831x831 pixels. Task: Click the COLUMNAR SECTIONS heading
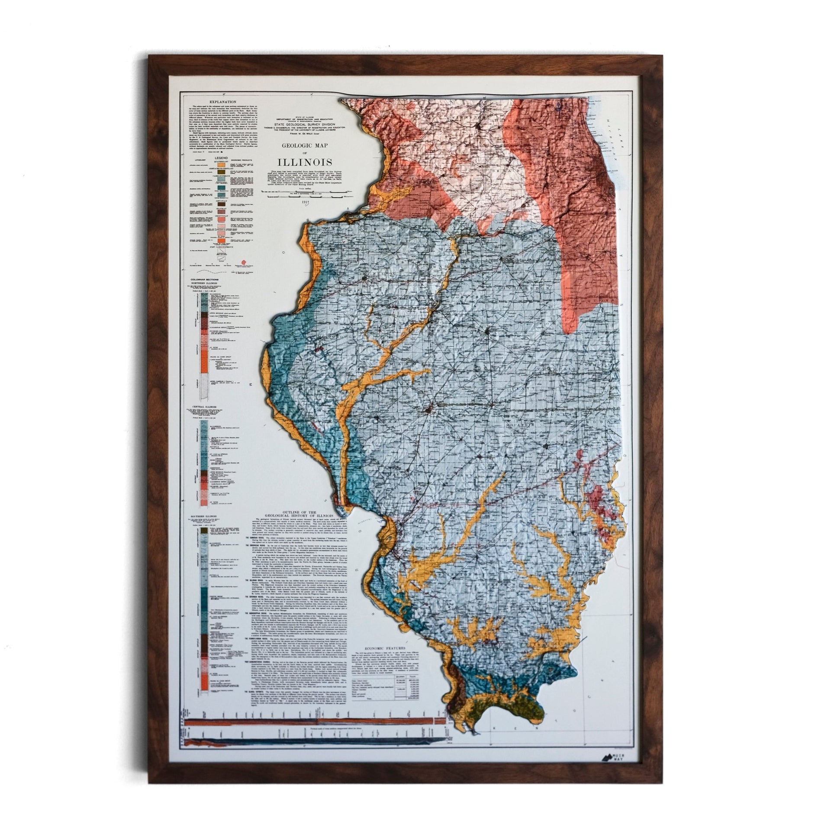203,279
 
